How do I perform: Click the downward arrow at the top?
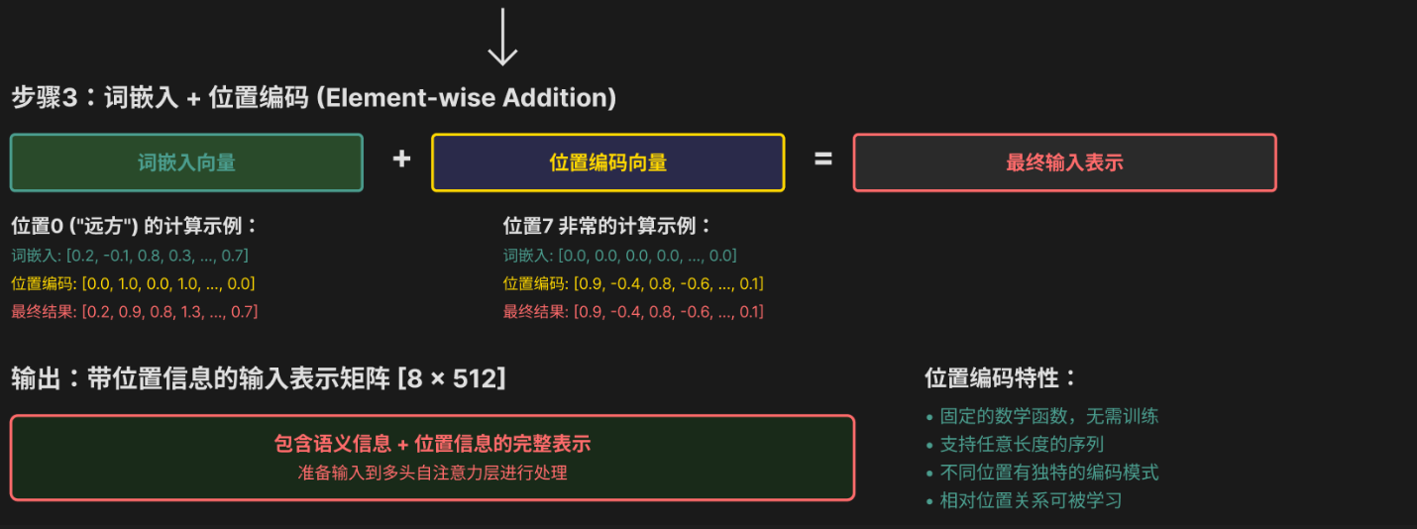502,38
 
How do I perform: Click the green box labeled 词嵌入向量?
186,162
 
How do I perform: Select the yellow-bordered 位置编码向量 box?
607,162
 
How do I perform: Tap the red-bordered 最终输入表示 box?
1064,162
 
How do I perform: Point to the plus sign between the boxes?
401,159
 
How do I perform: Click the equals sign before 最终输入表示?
823,159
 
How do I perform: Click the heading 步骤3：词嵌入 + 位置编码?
161,98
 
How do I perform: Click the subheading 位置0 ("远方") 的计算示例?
135,226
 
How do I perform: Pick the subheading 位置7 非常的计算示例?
607,226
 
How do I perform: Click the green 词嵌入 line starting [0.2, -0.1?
130,256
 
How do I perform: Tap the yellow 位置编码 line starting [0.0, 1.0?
133,284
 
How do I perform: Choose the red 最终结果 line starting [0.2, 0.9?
135,312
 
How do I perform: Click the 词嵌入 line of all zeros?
620,256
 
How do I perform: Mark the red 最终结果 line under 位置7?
633,312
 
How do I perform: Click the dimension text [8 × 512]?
451,378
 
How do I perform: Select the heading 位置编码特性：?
1001,378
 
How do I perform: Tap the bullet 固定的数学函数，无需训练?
1048,416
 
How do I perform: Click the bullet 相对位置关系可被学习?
1031,500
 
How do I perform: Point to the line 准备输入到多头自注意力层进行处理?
433,474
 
